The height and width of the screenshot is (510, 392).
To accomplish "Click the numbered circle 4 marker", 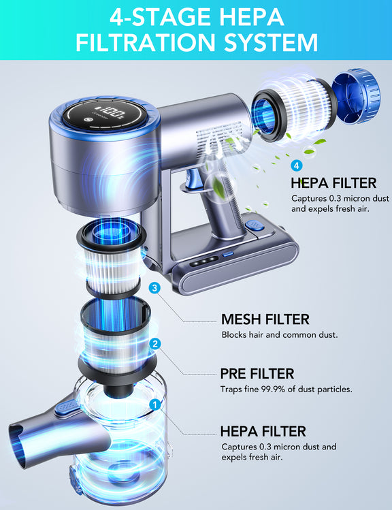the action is tap(296, 165).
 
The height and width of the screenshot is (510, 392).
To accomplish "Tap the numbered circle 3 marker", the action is tap(154, 288).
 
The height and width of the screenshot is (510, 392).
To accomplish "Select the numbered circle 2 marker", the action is tap(156, 344).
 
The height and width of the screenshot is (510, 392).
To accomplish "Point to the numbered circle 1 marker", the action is tap(155, 404).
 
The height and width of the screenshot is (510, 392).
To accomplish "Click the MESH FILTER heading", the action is tap(265, 319).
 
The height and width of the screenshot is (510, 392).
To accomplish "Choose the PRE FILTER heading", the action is tap(257, 374).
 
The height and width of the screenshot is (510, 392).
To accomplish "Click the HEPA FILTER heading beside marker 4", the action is tap(333, 182).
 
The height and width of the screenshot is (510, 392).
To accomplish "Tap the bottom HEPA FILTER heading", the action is tap(263, 431).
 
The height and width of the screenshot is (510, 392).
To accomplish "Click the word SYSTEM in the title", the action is tap(271, 42).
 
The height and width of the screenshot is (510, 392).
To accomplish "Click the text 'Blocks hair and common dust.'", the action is tap(280, 335).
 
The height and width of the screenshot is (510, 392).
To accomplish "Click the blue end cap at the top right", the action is tap(357, 96).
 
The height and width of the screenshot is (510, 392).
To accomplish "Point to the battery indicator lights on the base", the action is tap(204, 261).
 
